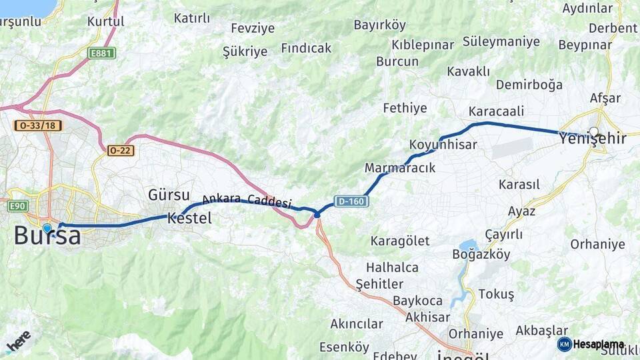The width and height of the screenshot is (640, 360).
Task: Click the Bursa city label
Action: click(47, 237)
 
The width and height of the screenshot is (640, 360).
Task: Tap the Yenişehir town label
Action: click(593, 139)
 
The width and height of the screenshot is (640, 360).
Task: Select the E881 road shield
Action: click(102, 53)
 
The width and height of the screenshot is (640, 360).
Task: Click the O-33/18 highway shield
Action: click(38, 125)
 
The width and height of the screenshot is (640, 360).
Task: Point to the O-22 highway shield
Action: click(121, 151)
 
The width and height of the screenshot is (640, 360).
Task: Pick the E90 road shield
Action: click(17, 206)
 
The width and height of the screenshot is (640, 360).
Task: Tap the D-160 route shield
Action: click(351, 201)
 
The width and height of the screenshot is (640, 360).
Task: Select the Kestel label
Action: click(189, 218)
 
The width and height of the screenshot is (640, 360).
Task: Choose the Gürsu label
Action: click(169, 195)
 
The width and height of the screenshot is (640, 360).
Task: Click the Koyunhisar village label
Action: click(434, 145)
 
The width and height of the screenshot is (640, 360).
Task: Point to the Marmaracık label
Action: click(400, 168)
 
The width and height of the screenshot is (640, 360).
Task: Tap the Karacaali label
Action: click(496, 111)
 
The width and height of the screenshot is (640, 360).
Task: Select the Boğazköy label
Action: click(481, 254)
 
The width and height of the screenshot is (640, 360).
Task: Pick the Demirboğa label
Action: click(529, 85)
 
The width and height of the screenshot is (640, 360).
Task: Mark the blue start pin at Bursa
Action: click(47, 229)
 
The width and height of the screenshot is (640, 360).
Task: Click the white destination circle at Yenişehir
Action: click(593, 131)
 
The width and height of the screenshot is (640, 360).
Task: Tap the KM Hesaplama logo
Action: click(591, 344)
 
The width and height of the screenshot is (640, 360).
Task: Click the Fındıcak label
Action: click(306, 48)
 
